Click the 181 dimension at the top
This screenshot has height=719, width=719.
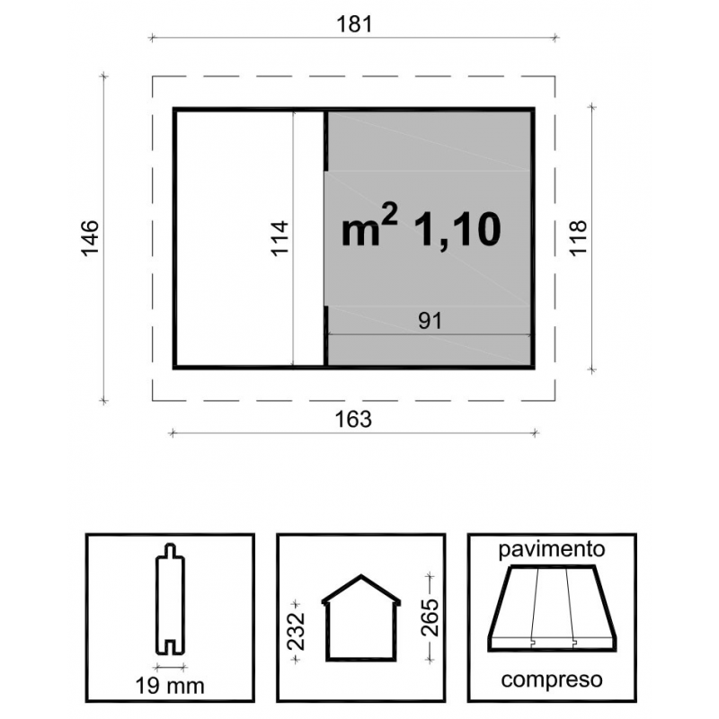pos(354,24)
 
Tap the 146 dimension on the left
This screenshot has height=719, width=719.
pos(90,238)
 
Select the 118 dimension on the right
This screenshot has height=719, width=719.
pos(578,238)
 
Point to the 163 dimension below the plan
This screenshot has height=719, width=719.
pos(353,419)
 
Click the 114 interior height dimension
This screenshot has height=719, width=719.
pos(280,238)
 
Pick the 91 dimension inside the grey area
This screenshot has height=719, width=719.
pos(431,321)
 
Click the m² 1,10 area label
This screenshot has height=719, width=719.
pos(421,229)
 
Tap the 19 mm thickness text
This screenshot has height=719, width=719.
pos(170,687)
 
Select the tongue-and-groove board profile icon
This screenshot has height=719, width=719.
pos(170,599)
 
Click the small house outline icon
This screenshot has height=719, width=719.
pos(361,617)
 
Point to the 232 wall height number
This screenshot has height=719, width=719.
pos(297,631)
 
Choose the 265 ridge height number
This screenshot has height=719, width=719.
pos(431,617)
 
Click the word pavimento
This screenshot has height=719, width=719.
pos(552,549)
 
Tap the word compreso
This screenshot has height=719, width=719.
pos(552,679)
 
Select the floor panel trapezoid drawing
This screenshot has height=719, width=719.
pos(552,608)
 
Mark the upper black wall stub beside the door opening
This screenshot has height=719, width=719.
pos(325,141)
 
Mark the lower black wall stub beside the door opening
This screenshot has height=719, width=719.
pos(325,335)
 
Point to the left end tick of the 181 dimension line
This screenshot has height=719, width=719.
pos(152,38)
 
